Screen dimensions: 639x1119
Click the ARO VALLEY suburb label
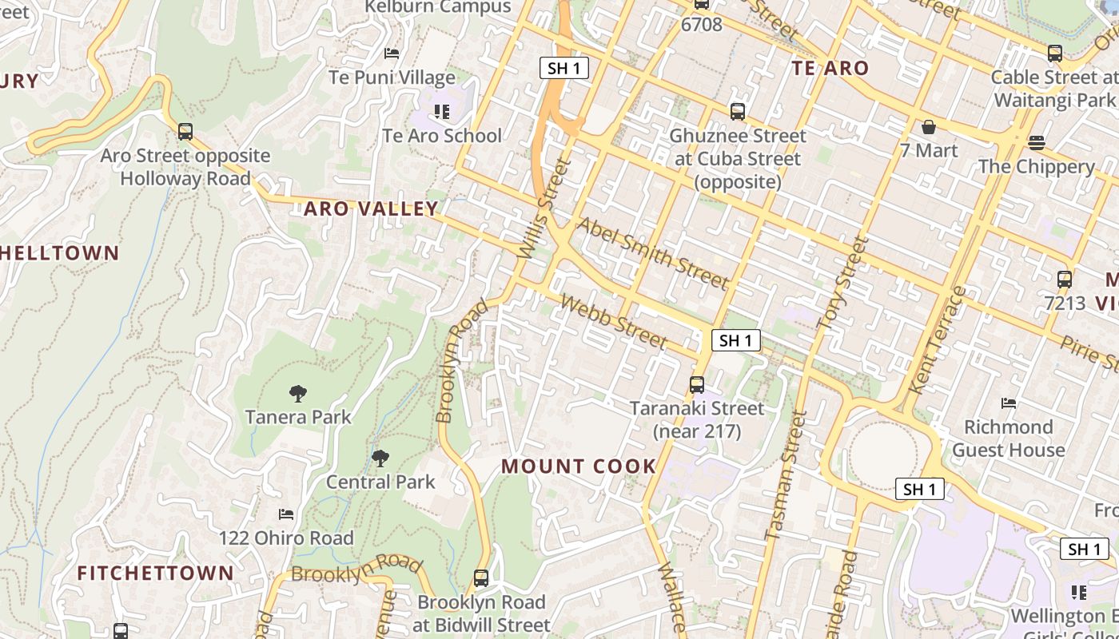click(371, 209)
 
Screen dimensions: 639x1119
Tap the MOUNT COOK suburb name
click(579, 466)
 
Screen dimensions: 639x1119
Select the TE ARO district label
click(830, 68)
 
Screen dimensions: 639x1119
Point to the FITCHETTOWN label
click(156, 573)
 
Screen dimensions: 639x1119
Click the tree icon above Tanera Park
click(298, 393)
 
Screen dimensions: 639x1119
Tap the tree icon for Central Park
click(380, 458)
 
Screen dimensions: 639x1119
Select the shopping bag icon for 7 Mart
click(929, 127)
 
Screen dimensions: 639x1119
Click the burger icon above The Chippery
click(1036, 143)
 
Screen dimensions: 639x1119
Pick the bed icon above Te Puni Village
click(392, 54)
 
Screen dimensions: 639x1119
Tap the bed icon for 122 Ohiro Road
click(286, 514)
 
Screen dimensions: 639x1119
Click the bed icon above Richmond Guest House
click(1009, 403)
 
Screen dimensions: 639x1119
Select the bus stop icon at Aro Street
click(185, 132)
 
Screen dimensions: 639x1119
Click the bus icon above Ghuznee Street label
click(737, 112)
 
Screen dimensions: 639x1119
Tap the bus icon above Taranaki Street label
click(697, 385)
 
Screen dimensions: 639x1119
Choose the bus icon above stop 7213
click(1065, 280)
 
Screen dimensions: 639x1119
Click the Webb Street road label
click(614, 322)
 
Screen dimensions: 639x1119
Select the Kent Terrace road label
click(938, 339)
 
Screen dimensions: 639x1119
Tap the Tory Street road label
click(843, 284)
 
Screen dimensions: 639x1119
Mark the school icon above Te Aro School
click(441, 112)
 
